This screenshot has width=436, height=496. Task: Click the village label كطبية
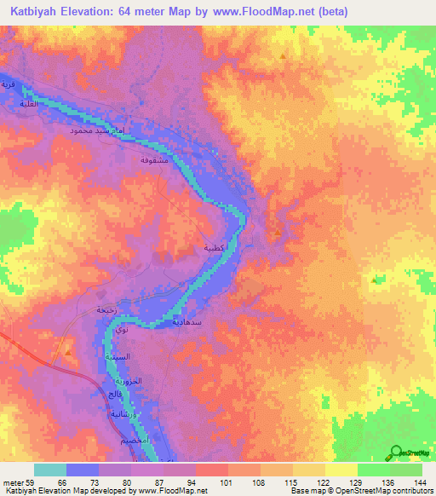point(214,248)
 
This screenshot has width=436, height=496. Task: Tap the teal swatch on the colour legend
point(49,470)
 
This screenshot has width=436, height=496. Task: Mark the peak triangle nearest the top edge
point(283,56)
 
